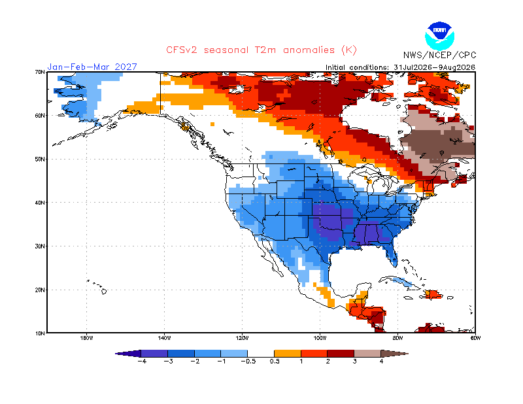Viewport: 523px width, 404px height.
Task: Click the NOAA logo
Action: (x=439, y=36)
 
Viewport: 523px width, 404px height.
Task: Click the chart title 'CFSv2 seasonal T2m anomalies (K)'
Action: (x=261, y=50)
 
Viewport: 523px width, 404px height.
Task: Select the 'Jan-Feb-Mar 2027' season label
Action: (x=92, y=67)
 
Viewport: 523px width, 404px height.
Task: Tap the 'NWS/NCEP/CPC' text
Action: (x=439, y=55)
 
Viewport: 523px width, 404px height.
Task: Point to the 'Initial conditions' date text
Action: (x=400, y=67)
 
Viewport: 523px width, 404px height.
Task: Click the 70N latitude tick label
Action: (x=40, y=72)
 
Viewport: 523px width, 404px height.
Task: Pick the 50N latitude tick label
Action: (x=40, y=159)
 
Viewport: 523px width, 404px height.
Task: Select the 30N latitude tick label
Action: (x=40, y=246)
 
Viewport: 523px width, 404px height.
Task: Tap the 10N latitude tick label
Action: (x=40, y=333)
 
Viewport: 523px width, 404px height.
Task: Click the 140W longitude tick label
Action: (x=165, y=338)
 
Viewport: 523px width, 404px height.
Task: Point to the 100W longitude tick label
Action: (x=320, y=338)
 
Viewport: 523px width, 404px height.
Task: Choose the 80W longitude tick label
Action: (x=397, y=338)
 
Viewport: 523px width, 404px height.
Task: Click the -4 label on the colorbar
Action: (x=142, y=362)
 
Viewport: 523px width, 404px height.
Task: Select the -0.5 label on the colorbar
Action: (x=248, y=362)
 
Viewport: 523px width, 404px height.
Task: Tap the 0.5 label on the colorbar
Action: (x=275, y=362)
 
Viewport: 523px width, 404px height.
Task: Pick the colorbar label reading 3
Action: (x=354, y=362)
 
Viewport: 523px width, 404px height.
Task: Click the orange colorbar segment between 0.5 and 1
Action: (x=288, y=354)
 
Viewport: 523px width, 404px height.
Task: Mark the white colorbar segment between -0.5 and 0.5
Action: (x=261, y=354)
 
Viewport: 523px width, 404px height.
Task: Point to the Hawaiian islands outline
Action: (x=97, y=287)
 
